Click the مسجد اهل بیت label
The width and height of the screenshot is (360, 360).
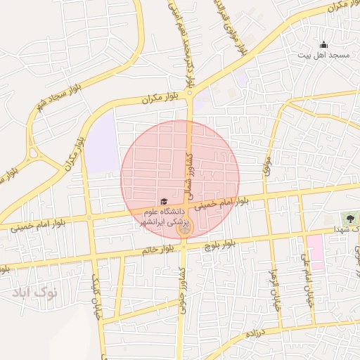click(x=326, y=54)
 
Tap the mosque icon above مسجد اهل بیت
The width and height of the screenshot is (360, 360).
click(x=323, y=44)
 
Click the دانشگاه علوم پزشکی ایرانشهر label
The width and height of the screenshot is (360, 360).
click(x=163, y=216)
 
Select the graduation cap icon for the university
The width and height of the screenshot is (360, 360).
click(x=164, y=202)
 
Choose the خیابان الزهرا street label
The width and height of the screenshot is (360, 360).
click(x=274, y=289)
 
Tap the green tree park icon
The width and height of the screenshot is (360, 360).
click(x=347, y=219)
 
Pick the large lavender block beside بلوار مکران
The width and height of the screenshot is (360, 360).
click(x=103, y=144)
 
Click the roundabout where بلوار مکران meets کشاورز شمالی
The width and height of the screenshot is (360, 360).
click(x=191, y=94)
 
